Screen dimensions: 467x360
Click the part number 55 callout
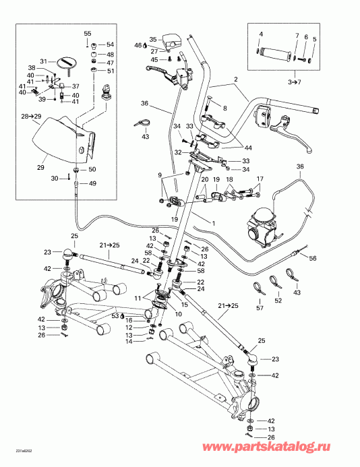pos(87,33)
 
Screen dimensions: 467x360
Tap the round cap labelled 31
pos(68,63)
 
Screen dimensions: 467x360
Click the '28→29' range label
pos(31,117)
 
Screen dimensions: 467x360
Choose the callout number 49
pos(92,184)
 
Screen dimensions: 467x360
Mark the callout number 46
pos(138,45)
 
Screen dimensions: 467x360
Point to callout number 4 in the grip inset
pos(262,33)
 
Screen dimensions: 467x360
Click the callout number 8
pos(225,108)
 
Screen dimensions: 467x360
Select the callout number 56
pos(312,258)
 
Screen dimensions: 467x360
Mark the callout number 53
pos(115,315)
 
